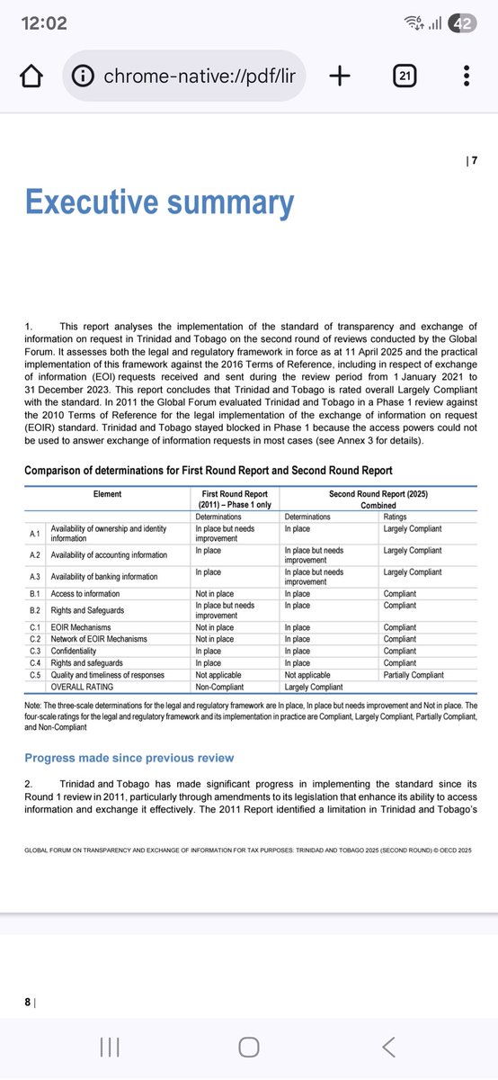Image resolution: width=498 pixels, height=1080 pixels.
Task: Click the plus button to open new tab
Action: coord(339,76)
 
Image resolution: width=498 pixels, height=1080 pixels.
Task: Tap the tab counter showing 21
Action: coord(405,76)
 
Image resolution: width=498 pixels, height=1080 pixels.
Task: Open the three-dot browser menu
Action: coord(466,76)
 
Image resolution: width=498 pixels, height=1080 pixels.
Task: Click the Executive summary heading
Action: coord(159,203)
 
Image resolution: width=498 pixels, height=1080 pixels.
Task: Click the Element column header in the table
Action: coord(108,493)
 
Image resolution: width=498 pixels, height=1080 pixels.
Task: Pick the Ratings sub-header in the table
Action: coord(395,517)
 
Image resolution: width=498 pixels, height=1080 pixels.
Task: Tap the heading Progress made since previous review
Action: coord(129,758)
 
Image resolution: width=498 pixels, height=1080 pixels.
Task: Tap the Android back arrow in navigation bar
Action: coord(387,1046)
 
